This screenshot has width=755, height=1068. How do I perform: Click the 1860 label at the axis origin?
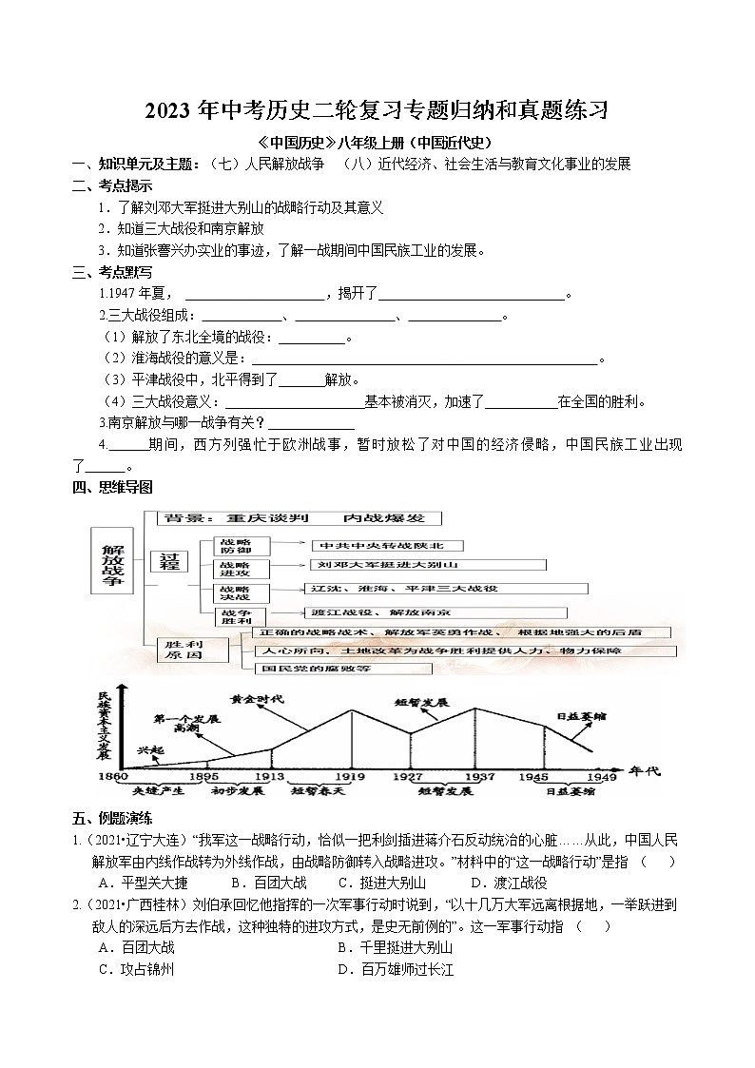(113, 777)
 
